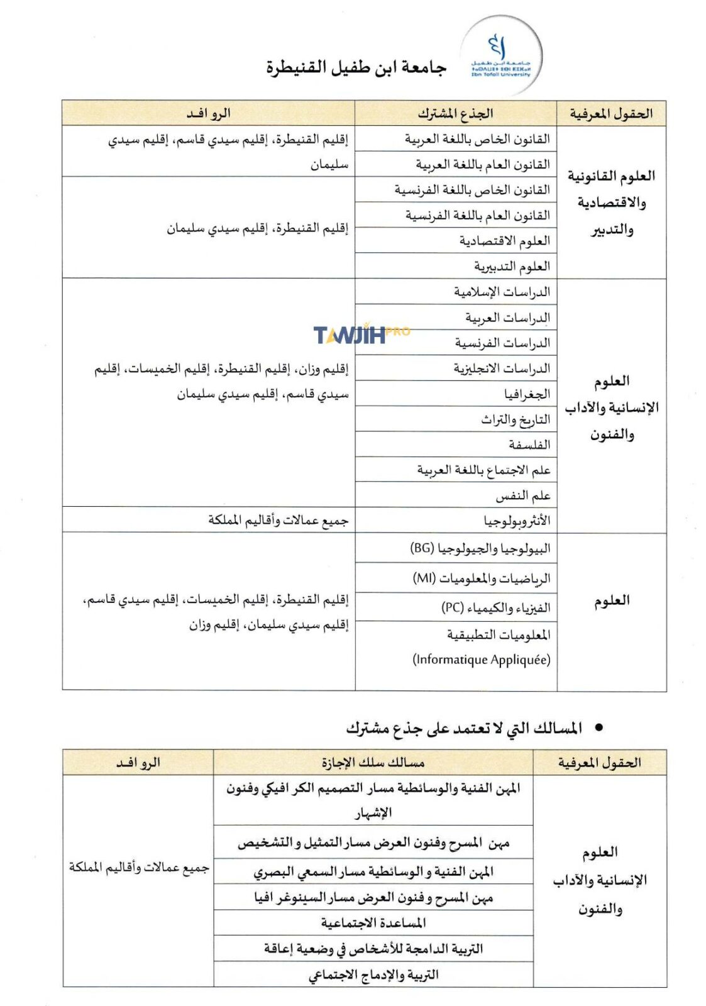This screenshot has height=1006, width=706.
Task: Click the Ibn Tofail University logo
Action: click(x=500, y=55)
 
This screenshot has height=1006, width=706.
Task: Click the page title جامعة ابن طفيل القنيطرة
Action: click(x=356, y=67)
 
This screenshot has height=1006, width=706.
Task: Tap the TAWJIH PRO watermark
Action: click(x=360, y=334)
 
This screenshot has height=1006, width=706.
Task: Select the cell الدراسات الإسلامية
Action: click(x=502, y=292)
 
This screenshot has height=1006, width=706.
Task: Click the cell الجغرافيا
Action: click(x=527, y=394)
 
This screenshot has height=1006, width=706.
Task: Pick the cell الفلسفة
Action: click(x=529, y=445)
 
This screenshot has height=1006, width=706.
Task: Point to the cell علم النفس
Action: click(x=523, y=495)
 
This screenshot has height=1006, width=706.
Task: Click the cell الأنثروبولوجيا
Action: click(x=517, y=521)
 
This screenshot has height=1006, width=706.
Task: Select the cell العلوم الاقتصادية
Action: click(x=504, y=241)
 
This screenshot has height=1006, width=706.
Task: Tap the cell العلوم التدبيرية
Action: click(x=512, y=267)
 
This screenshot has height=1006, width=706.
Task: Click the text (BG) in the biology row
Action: click(x=422, y=548)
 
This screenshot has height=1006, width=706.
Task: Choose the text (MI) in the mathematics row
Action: click(x=424, y=577)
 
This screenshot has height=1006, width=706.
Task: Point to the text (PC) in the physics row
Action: click(x=452, y=607)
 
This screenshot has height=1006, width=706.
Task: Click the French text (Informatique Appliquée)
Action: click(x=482, y=660)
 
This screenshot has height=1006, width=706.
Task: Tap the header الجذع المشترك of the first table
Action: click(x=456, y=113)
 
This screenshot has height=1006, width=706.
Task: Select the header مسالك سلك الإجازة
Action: click(x=373, y=763)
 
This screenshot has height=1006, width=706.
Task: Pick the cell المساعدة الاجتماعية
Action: click(x=373, y=922)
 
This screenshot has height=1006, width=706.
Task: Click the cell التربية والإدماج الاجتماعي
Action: click(x=373, y=975)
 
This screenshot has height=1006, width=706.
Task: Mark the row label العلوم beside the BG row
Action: click(x=612, y=601)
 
